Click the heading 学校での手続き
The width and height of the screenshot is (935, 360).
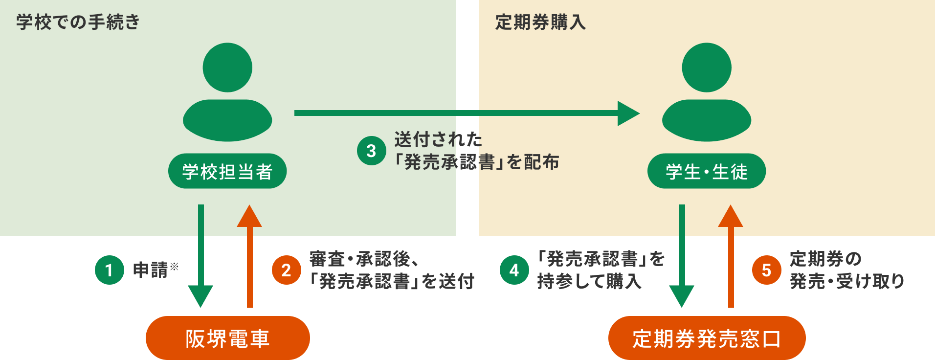78,22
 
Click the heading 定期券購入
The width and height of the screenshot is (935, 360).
540,22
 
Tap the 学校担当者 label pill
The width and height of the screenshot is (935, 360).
227,171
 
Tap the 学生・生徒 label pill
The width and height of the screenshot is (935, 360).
706,171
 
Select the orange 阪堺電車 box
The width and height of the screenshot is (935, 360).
227,338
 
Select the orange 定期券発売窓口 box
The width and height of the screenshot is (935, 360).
707,338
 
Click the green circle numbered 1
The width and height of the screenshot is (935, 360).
110,270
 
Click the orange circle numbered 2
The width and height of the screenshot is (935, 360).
287,270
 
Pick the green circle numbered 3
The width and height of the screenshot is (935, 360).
372,151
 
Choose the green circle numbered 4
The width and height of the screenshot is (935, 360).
514,270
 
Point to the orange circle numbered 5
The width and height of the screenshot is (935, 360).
767,270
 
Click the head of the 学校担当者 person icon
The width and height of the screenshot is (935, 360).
227,67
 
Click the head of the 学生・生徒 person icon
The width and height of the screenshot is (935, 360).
706,67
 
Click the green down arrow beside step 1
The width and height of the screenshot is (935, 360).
200,254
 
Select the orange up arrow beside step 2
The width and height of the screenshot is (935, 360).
249,254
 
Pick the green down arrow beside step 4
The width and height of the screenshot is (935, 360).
682,254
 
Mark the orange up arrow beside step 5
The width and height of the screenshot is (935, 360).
731,254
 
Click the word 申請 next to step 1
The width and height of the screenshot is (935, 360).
151,270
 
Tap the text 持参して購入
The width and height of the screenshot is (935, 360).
589,282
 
